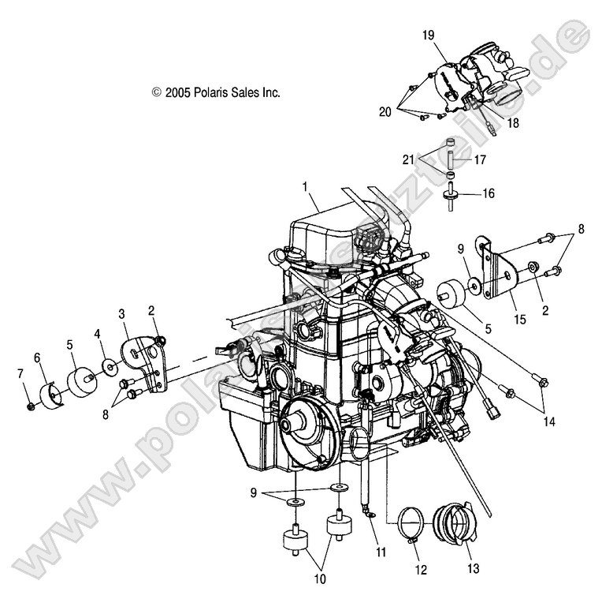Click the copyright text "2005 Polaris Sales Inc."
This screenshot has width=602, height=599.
coord(216,92)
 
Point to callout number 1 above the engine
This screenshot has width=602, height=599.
coord(304,187)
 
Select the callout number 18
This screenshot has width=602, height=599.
coord(514,124)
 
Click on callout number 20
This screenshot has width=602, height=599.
coord(385,112)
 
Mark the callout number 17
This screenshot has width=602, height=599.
coord(480,159)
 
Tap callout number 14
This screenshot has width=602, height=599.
coord(548,422)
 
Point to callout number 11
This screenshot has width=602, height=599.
coord(381,552)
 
